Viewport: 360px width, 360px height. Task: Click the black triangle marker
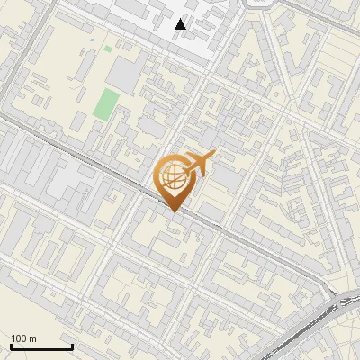[181, 24]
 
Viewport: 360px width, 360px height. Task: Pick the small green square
[108, 49]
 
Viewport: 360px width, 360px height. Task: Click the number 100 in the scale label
[18, 338]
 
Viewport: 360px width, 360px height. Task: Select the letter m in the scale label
[31, 338]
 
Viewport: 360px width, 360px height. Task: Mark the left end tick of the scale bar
[11, 346]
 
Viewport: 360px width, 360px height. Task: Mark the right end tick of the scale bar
[72, 346]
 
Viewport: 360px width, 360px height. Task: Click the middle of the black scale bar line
[41, 346]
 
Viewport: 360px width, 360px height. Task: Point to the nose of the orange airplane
[212, 157]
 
